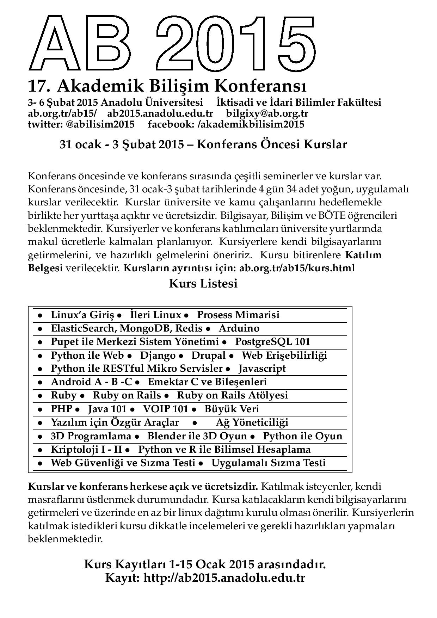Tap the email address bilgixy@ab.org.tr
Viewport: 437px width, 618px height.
coord(267,113)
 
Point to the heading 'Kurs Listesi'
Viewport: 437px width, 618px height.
coord(203,283)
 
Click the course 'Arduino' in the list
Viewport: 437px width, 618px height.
coord(239,328)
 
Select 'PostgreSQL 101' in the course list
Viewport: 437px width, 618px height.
coord(272,341)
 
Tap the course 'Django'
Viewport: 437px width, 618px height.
coord(158,355)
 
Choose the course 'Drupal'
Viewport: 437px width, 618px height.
coord(208,355)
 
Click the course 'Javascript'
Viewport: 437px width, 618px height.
coord(262,368)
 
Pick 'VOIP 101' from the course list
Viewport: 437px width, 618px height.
coord(166,409)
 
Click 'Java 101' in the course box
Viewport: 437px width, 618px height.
coord(107,409)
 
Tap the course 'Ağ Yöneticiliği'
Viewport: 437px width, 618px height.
coord(252,422)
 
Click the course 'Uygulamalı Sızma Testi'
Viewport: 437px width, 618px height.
coord(268,463)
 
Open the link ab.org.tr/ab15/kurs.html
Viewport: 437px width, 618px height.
coord(297,268)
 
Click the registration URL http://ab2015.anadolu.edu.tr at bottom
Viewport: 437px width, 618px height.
coord(224,578)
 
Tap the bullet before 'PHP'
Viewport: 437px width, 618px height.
coord(41,409)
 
